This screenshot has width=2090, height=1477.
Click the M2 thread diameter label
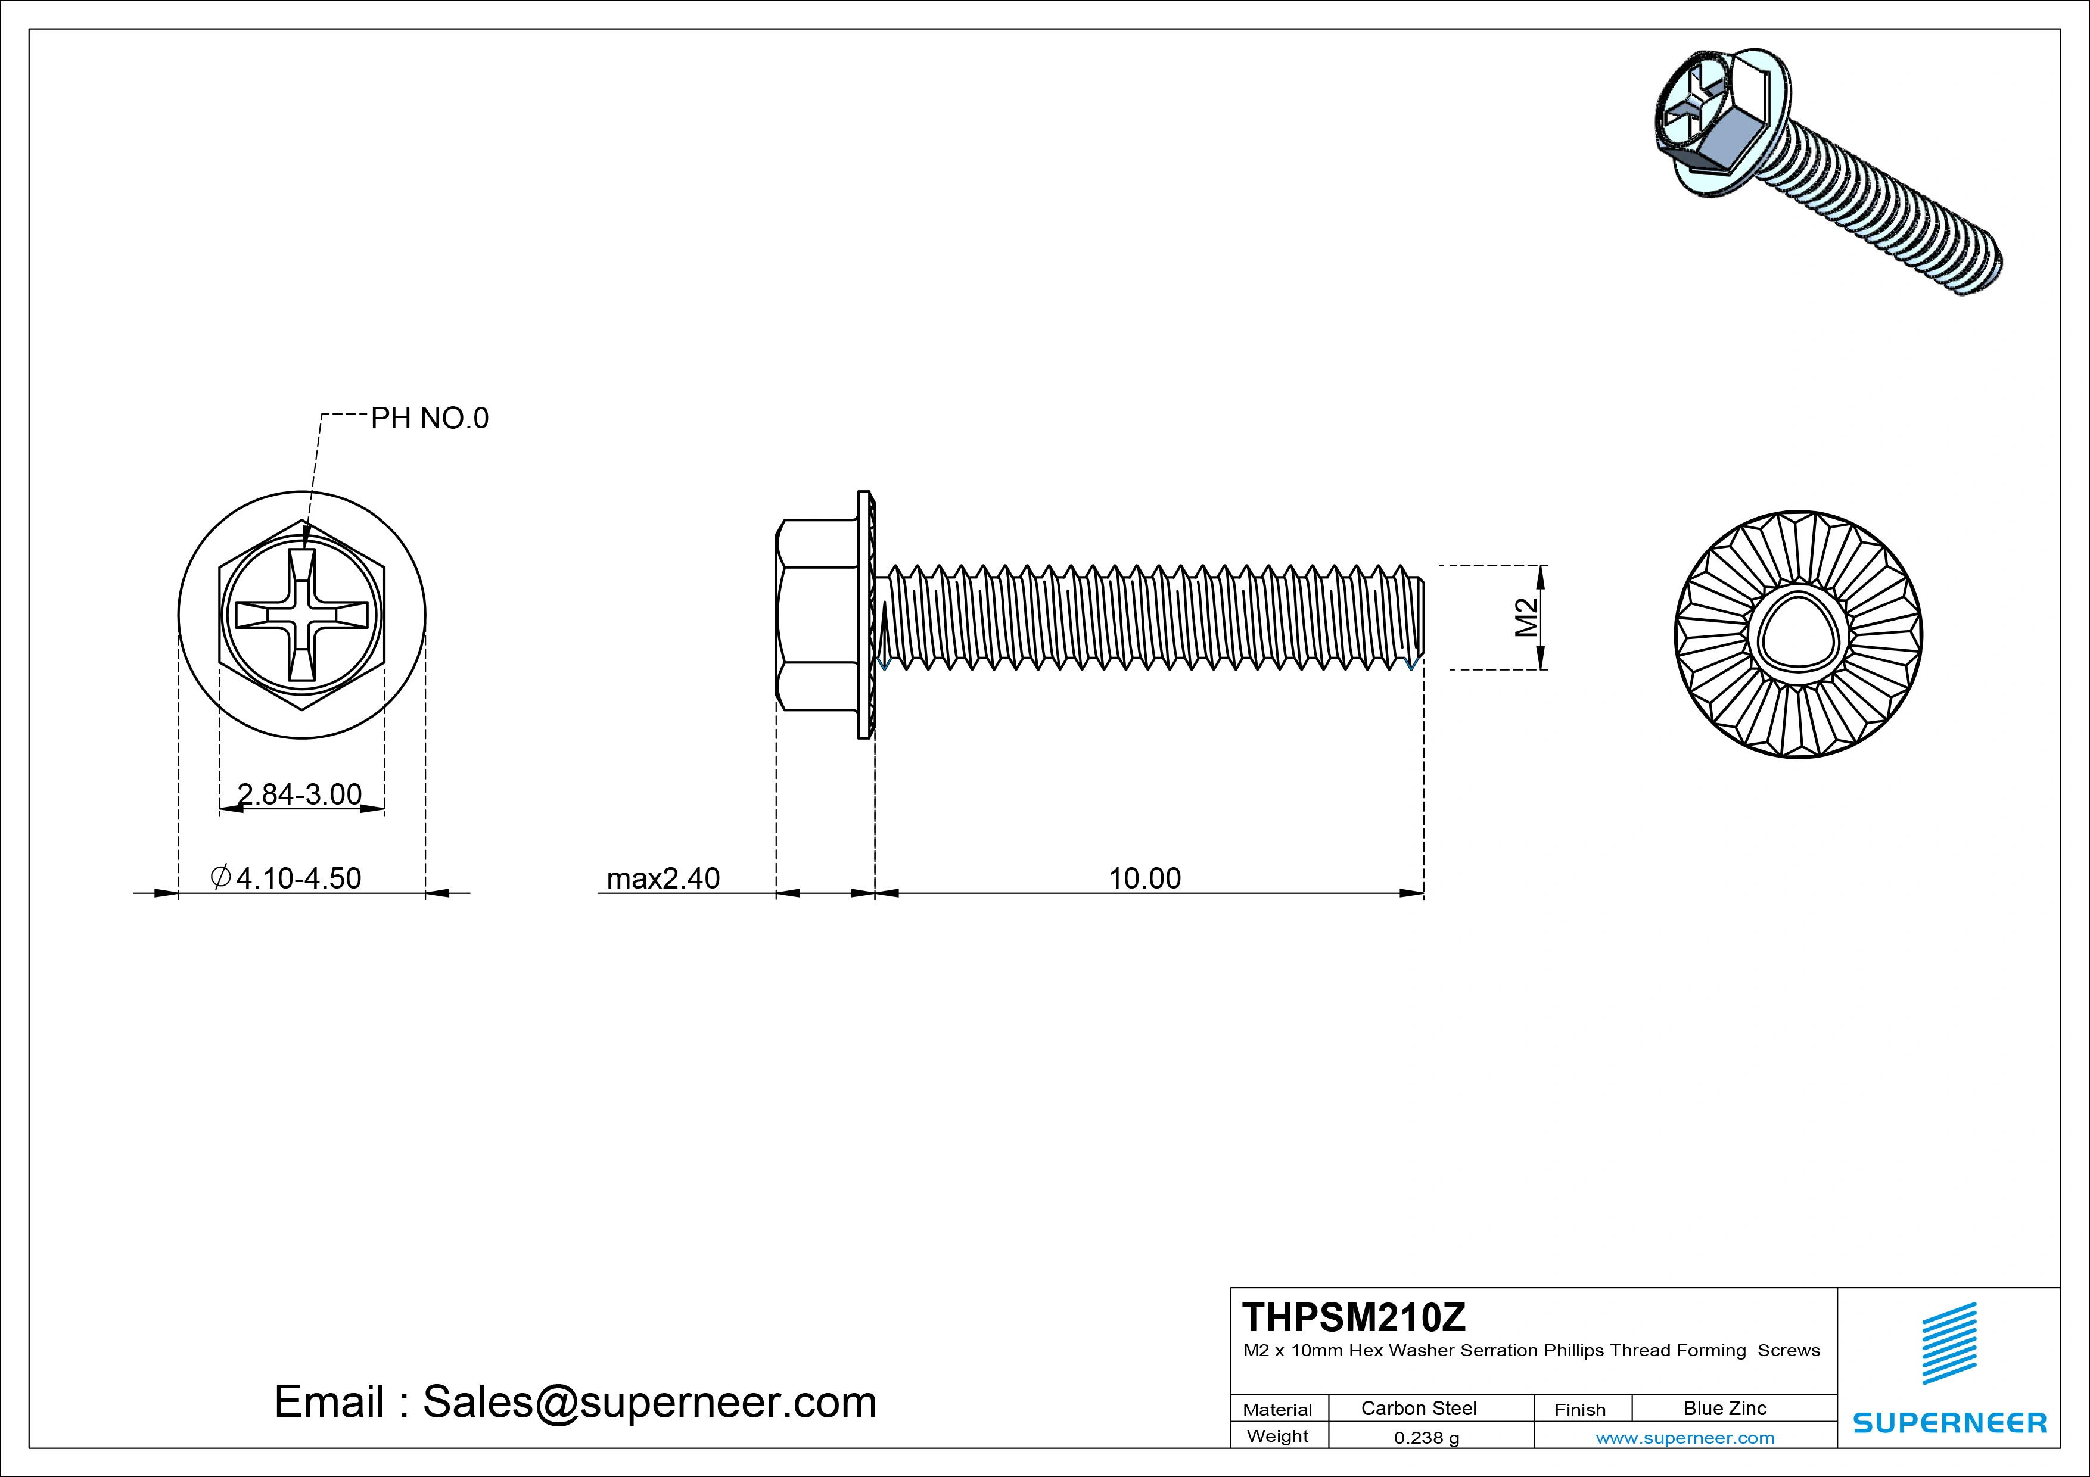click(1526, 617)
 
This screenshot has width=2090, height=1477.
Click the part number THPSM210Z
click(1354, 1317)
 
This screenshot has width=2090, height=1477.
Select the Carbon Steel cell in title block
click(1418, 1408)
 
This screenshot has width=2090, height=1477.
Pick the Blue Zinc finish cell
click(1724, 1408)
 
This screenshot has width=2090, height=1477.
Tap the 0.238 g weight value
click(1426, 1438)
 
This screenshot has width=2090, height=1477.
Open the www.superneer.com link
click(1685, 1438)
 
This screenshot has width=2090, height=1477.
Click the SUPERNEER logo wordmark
click(1949, 1422)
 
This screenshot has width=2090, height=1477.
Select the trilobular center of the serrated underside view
click(1798, 634)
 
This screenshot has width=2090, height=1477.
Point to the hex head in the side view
click(817, 615)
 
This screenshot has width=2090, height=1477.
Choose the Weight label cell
click(1277, 1436)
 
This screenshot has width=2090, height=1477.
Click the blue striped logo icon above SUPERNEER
click(1949, 1343)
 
